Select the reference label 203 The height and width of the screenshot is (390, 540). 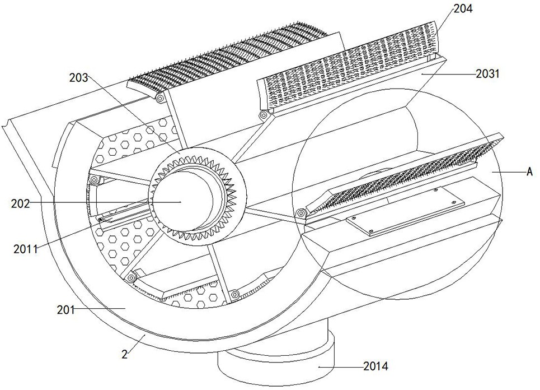tap(79, 78)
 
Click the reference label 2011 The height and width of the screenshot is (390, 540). tap(26, 249)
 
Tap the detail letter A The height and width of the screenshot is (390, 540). tap(528, 173)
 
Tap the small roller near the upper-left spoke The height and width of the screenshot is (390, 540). tap(95, 179)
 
